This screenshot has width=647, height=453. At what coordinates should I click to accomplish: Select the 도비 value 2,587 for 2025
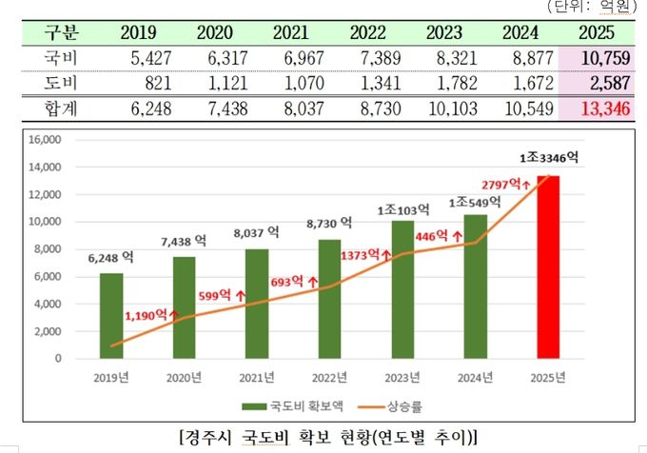coord(603,84)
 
